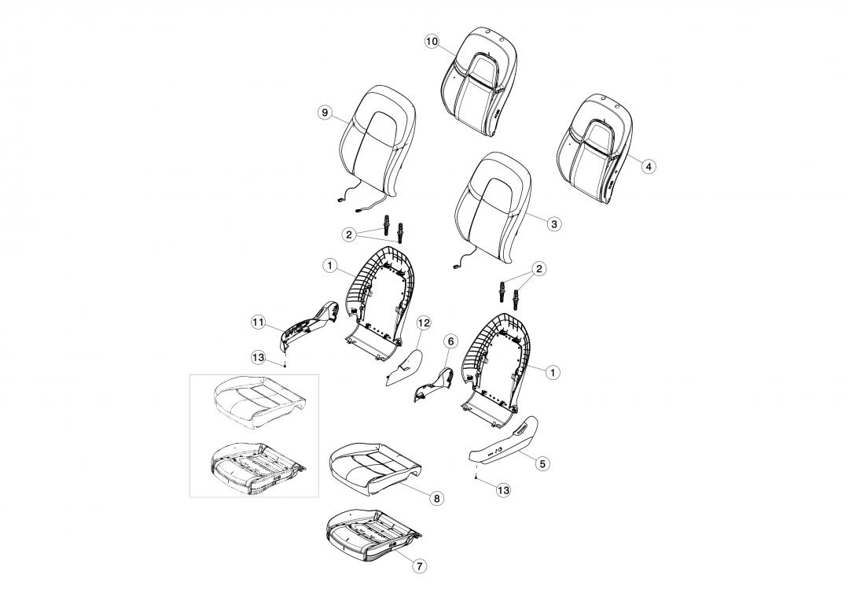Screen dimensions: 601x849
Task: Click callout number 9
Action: point(325,112)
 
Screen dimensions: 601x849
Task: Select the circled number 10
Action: point(432,42)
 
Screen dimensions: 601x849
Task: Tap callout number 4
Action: point(648,166)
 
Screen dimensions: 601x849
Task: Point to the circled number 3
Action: point(553,223)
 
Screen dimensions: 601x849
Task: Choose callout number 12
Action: point(424,323)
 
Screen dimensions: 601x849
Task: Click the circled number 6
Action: point(450,341)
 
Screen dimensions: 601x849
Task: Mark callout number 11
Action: point(257,321)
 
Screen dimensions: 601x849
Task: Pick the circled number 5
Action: point(542,463)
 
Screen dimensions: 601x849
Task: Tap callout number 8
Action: point(437,498)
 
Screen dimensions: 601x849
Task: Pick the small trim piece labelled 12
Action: point(405,363)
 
